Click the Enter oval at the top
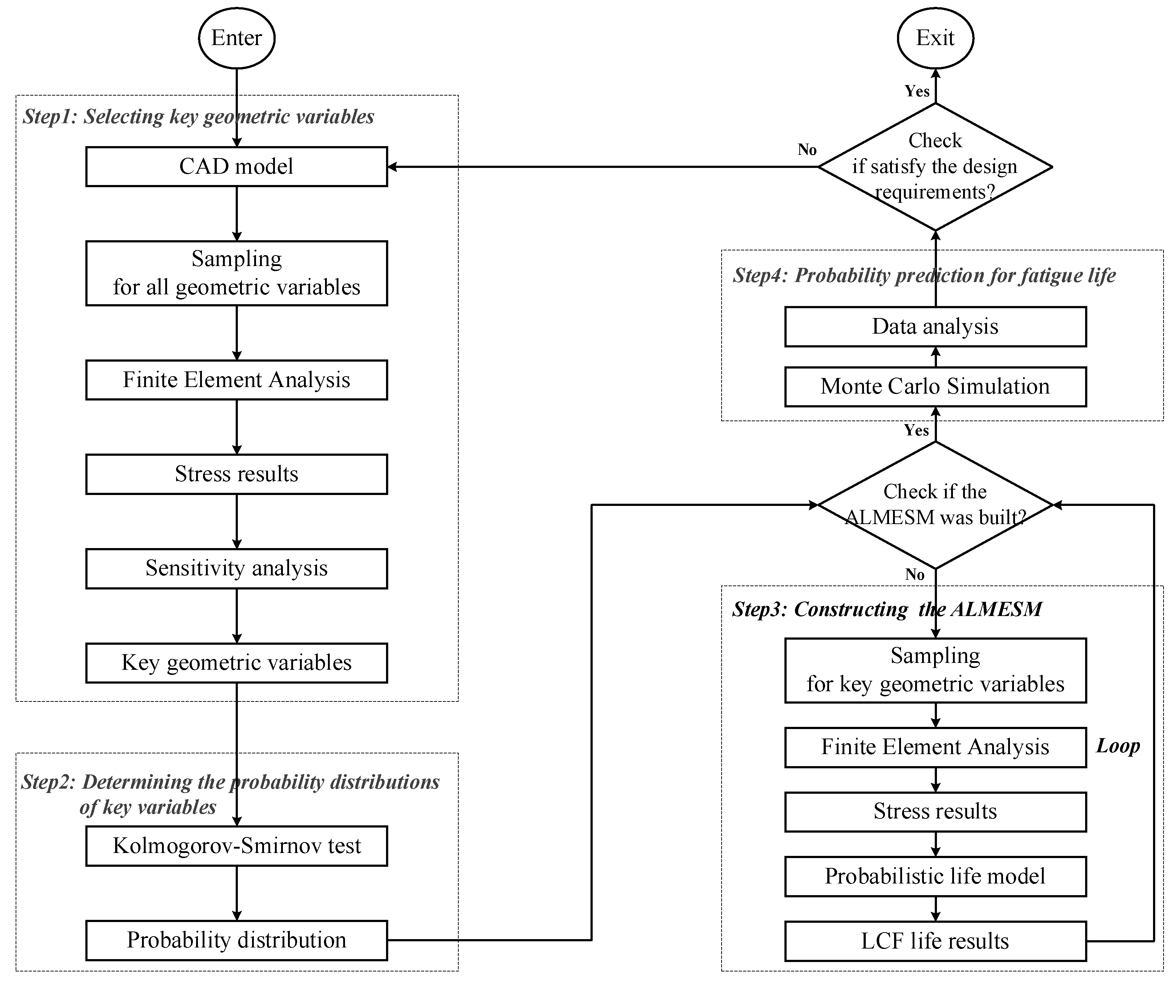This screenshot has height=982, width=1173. [x=236, y=38]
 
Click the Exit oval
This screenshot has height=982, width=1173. [x=935, y=38]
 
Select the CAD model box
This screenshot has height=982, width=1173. [x=236, y=166]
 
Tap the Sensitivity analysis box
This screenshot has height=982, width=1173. [x=236, y=568]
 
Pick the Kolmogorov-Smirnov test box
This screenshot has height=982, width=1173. [x=236, y=846]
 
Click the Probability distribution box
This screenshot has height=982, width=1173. [x=236, y=940]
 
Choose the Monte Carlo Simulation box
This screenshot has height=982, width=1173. [x=935, y=387]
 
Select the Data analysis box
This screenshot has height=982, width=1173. [x=935, y=326]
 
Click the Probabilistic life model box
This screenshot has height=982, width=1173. [x=935, y=876]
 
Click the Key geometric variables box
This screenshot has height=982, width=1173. [x=236, y=663]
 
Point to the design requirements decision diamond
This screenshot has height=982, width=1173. [x=935, y=166]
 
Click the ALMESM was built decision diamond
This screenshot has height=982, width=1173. [x=935, y=505]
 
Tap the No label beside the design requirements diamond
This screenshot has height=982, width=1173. [x=807, y=150]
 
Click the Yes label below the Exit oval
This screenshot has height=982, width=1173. [x=917, y=91]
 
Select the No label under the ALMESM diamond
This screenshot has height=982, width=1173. [x=915, y=575]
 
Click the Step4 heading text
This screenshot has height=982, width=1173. [x=924, y=275]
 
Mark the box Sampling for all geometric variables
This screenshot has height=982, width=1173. [x=236, y=273]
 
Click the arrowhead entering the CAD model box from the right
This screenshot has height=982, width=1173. [x=392, y=166]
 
